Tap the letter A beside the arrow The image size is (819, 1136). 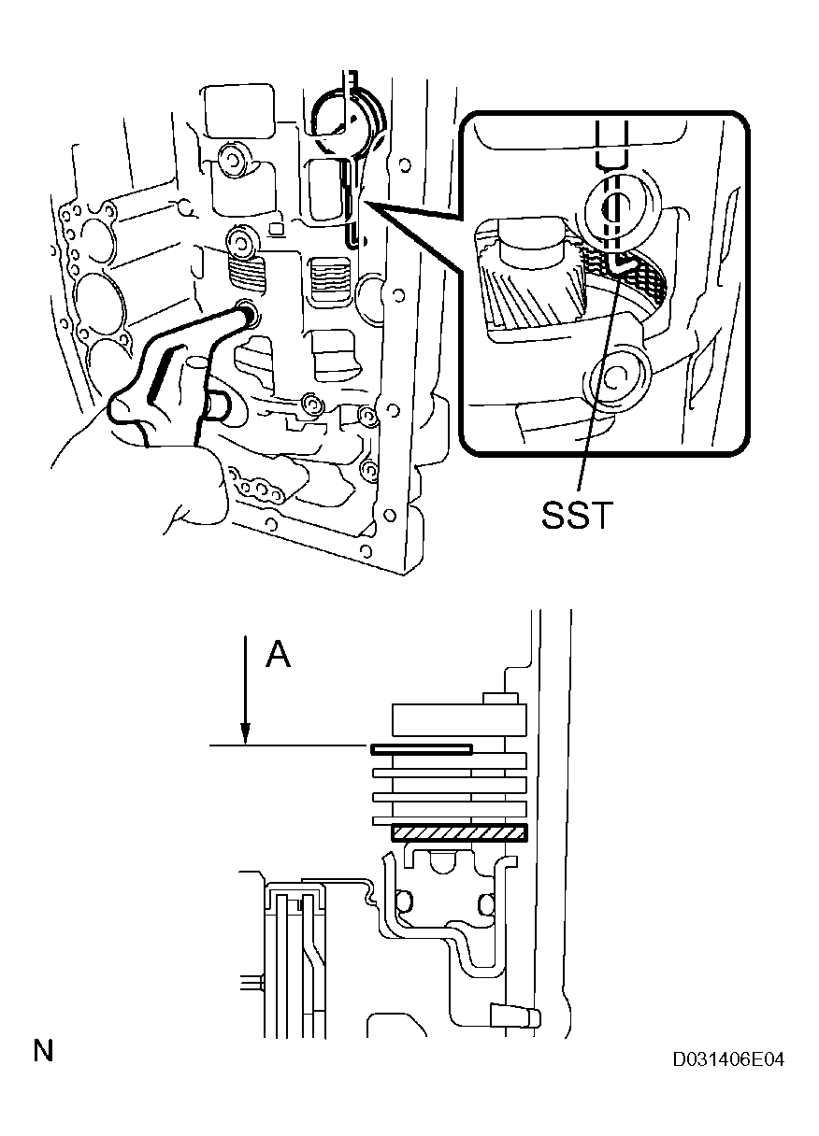coord(278,656)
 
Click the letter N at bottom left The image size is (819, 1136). coord(43,1051)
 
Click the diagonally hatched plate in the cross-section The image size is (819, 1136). coord(460,832)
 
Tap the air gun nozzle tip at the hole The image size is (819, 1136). coord(249,313)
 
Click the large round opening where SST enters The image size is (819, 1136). coord(349,121)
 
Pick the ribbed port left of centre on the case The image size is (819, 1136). coord(248,274)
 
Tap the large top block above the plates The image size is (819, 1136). coord(458,721)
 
